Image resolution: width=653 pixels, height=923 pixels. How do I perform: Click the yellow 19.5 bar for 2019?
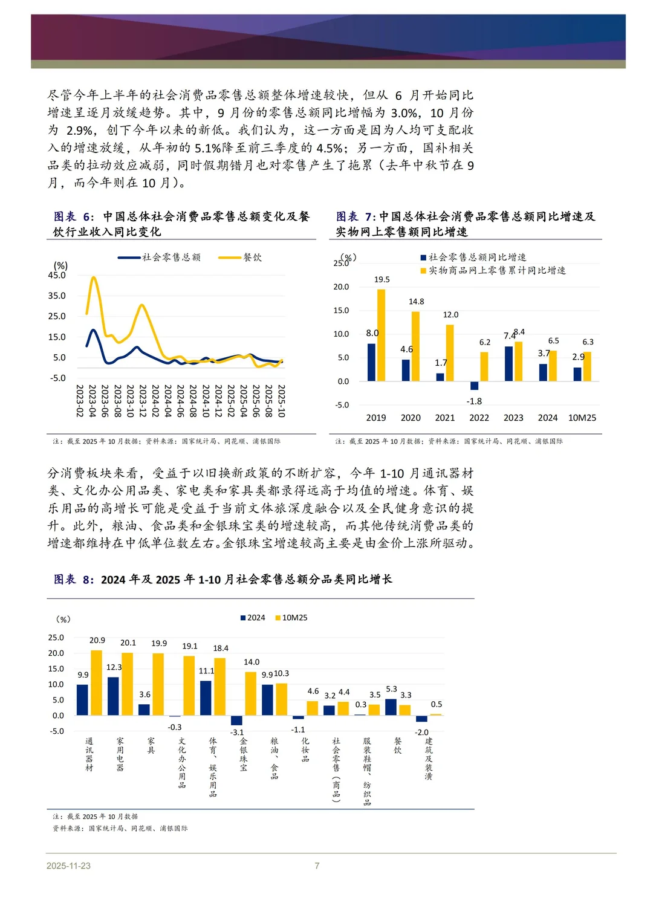(x=381, y=335)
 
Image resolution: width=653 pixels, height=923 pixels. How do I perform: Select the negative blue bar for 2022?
(x=475, y=386)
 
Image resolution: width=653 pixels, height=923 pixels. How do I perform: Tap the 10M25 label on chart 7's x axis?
(x=582, y=418)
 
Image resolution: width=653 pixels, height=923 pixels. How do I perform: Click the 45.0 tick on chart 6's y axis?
(x=57, y=275)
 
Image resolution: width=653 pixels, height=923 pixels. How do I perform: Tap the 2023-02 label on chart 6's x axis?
(x=79, y=401)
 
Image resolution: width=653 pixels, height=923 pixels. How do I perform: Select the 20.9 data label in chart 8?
(x=97, y=640)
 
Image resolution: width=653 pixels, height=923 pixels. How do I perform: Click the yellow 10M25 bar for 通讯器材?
(x=97, y=682)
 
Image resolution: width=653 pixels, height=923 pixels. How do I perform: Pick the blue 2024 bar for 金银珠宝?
(x=236, y=720)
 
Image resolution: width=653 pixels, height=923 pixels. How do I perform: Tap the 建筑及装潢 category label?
(x=428, y=759)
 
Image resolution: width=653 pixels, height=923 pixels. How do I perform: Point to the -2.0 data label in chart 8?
(x=421, y=732)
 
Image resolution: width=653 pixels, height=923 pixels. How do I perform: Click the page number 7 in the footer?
(x=317, y=866)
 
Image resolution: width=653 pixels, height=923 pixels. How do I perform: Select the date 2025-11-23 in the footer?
(x=68, y=866)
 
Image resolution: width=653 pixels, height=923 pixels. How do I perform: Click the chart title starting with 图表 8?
(x=223, y=579)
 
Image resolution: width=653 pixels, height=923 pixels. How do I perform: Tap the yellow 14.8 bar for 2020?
(x=415, y=346)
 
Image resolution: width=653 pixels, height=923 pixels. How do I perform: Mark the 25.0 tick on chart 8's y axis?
(x=56, y=638)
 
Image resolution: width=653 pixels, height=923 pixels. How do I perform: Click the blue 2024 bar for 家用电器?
(x=113, y=696)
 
